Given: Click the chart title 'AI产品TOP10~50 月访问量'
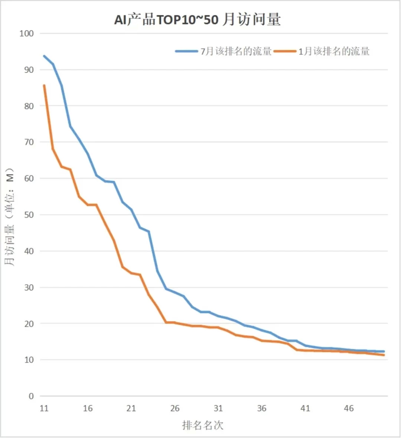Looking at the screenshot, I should click(x=197, y=19).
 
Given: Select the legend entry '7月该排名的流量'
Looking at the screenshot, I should click(x=236, y=51).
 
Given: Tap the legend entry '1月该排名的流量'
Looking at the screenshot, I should click(x=334, y=51).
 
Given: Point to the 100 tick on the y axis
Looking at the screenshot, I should click(x=26, y=33).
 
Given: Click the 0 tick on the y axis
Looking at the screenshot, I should click(x=31, y=396).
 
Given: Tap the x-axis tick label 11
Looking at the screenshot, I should click(x=44, y=409).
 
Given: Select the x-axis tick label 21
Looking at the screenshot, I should click(x=131, y=409).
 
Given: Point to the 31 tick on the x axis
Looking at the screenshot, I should click(x=218, y=409).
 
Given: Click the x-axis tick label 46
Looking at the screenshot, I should click(x=349, y=409).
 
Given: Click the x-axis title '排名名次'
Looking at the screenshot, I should click(x=203, y=425).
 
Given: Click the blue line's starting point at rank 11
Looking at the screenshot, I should click(x=44, y=56).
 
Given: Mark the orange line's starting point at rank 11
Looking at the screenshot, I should click(x=44, y=85).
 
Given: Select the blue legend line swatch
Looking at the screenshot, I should click(x=187, y=51).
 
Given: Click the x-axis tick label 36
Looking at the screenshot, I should click(x=262, y=409).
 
